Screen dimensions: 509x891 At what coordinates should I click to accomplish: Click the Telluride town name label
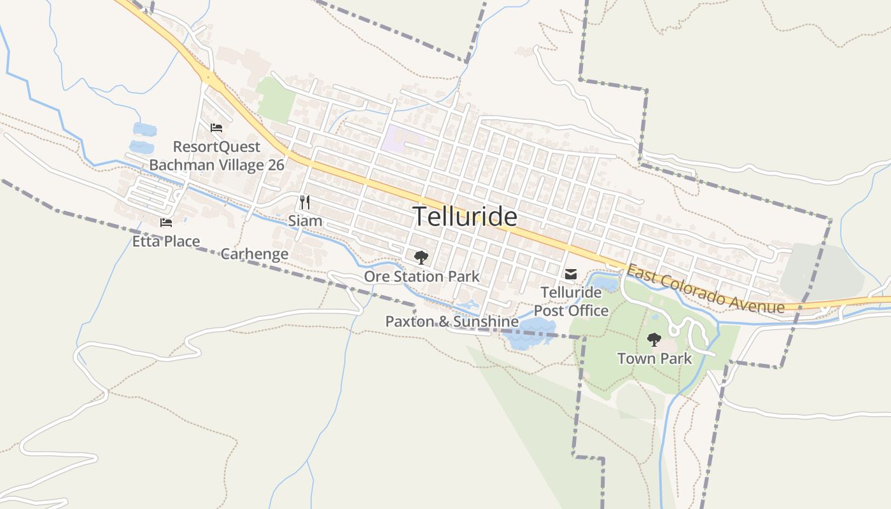pyautogui.click(x=465, y=217)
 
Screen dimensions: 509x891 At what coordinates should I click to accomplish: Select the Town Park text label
pyautogui.click(x=654, y=358)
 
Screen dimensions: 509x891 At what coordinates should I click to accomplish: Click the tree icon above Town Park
pyautogui.click(x=654, y=340)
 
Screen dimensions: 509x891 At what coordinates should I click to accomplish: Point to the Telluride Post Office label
pyautogui.click(x=571, y=301)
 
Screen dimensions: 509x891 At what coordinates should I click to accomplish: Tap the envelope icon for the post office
pyautogui.click(x=571, y=274)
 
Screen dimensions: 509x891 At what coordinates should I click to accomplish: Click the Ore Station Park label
pyautogui.click(x=421, y=276)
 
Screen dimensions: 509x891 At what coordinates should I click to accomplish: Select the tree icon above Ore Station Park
pyautogui.click(x=421, y=258)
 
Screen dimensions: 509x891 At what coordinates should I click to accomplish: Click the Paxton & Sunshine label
pyautogui.click(x=452, y=321)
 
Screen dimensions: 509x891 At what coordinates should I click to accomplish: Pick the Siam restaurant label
pyautogui.click(x=305, y=221)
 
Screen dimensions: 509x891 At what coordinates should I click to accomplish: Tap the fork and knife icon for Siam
pyautogui.click(x=305, y=202)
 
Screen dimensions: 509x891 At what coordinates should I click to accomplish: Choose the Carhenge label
pyautogui.click(x=254, y=254)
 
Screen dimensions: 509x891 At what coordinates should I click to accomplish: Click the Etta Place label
pyautogui.click(x=166, y=241)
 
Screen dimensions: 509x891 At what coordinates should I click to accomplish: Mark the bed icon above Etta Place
pyautogui.click(x=166, y=223)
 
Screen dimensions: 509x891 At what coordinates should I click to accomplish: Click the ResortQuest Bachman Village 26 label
pyautogui.click(x=216, y=156)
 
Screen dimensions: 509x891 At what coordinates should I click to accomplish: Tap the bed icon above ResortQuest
pyautogui.click(x=216, y=127)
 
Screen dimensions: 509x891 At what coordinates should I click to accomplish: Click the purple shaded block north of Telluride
pyautogui.click(x=401, y=138)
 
